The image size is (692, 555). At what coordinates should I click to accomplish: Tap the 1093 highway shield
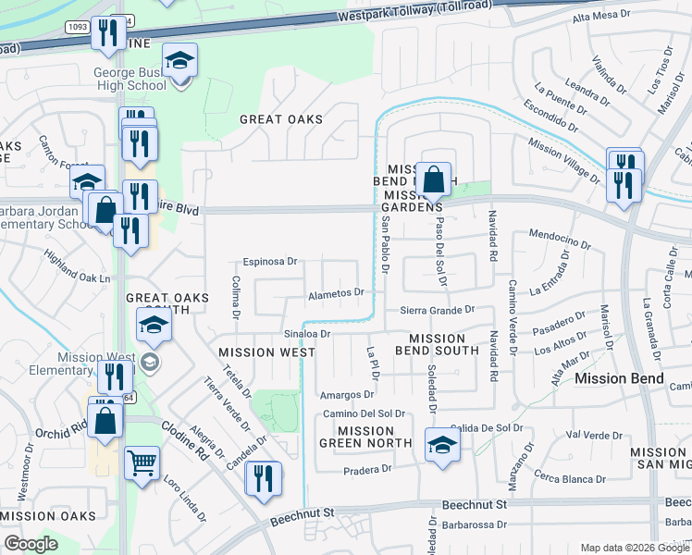(77, 27)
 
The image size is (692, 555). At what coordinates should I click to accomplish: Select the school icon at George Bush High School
(179, 63)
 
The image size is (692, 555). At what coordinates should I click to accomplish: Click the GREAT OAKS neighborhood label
(281, 119)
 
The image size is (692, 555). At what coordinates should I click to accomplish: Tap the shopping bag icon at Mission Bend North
(433, 180)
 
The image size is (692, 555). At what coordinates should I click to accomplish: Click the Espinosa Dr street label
(270, 262)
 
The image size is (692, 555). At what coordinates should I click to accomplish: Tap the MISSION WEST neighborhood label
(267, 352)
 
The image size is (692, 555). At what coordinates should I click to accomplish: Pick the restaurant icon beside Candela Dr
(263, 478)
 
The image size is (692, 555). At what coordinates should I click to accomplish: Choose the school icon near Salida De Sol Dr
(442, 446)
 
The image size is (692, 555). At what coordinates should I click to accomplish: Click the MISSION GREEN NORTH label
(365, 437)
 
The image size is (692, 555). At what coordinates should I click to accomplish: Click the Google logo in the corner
(31, 543)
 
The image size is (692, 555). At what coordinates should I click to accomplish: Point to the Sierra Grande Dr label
(437, 311)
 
